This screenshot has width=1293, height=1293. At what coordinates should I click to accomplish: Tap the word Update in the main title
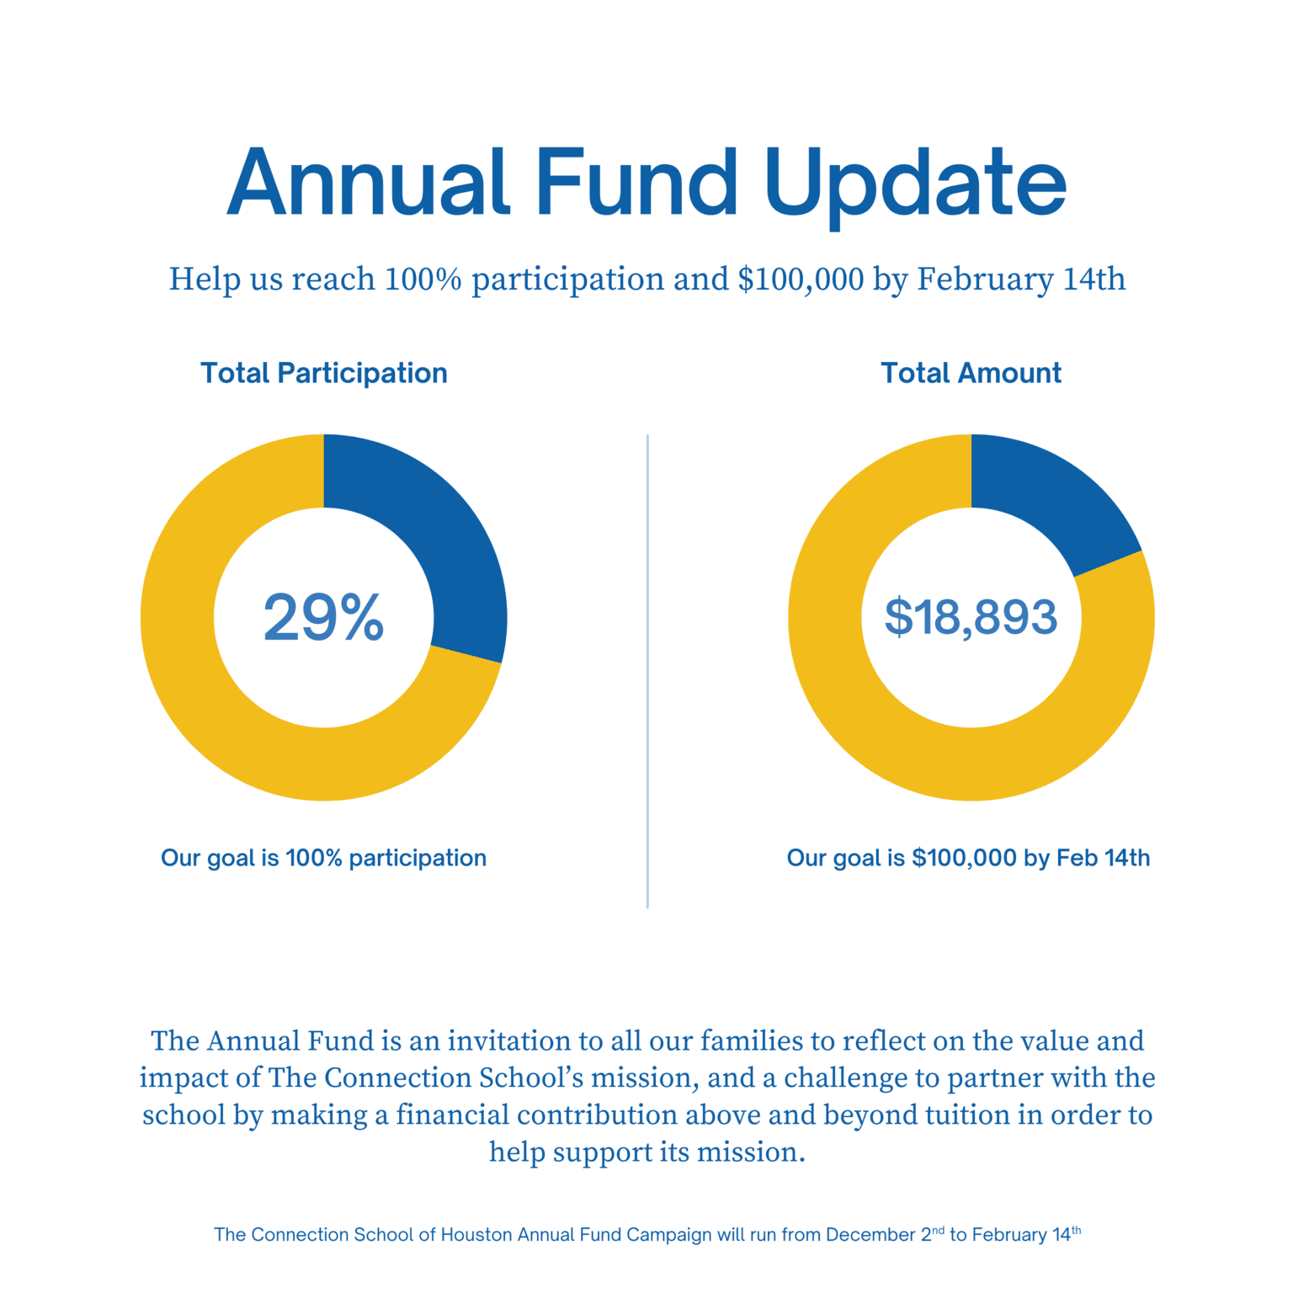pos(916,187)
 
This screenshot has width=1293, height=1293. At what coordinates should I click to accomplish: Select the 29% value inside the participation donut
pos(324,617)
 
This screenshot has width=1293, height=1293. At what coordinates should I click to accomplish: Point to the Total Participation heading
pos(324,373)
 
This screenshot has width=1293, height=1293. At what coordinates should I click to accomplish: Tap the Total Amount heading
pos(971,373)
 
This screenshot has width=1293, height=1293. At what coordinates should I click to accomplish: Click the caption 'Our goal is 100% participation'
pos(324,858)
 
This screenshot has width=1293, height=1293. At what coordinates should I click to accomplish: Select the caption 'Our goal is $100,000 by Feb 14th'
pos(968,858)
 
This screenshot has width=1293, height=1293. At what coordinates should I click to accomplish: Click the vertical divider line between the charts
pos(647,671)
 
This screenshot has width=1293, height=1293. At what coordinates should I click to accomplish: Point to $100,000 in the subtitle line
pos(801,279)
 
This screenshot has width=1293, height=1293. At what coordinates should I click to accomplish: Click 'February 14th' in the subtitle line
pos(1021,279)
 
